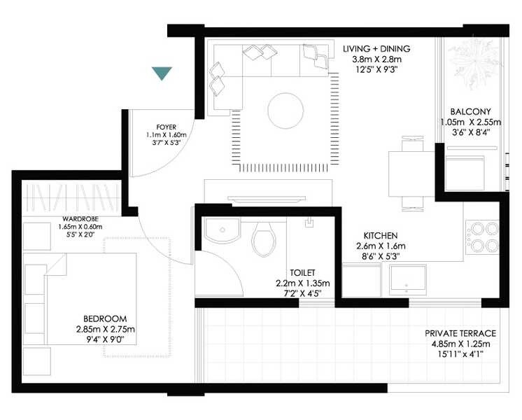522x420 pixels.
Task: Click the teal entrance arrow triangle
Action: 162,73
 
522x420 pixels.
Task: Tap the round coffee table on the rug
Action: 285,110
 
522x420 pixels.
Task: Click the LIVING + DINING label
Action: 376,48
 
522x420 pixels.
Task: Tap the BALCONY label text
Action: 470,111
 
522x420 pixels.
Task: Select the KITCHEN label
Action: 381,235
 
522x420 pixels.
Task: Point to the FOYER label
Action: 166,127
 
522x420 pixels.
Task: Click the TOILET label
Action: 303,272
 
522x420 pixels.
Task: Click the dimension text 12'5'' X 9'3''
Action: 376,71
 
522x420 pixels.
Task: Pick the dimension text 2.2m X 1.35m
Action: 303,283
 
